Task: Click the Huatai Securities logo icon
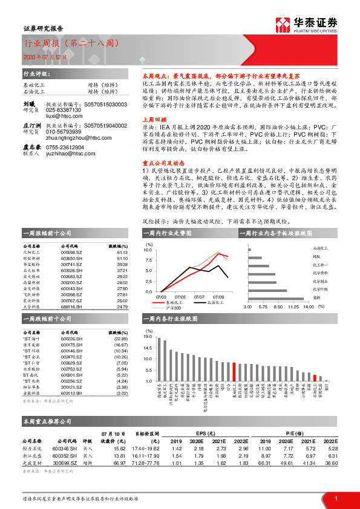click(283, 24)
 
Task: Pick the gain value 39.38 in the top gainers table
click(122, 264)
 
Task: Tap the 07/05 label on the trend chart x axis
click(180, 297)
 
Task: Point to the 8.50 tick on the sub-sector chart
click(277, 307)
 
